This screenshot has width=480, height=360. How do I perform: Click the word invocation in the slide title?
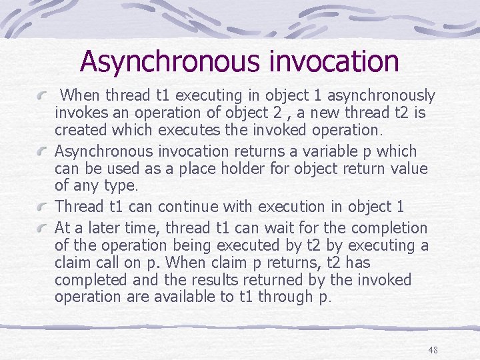tap(334, 61)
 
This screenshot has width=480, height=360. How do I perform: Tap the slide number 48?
tap(433, 350)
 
